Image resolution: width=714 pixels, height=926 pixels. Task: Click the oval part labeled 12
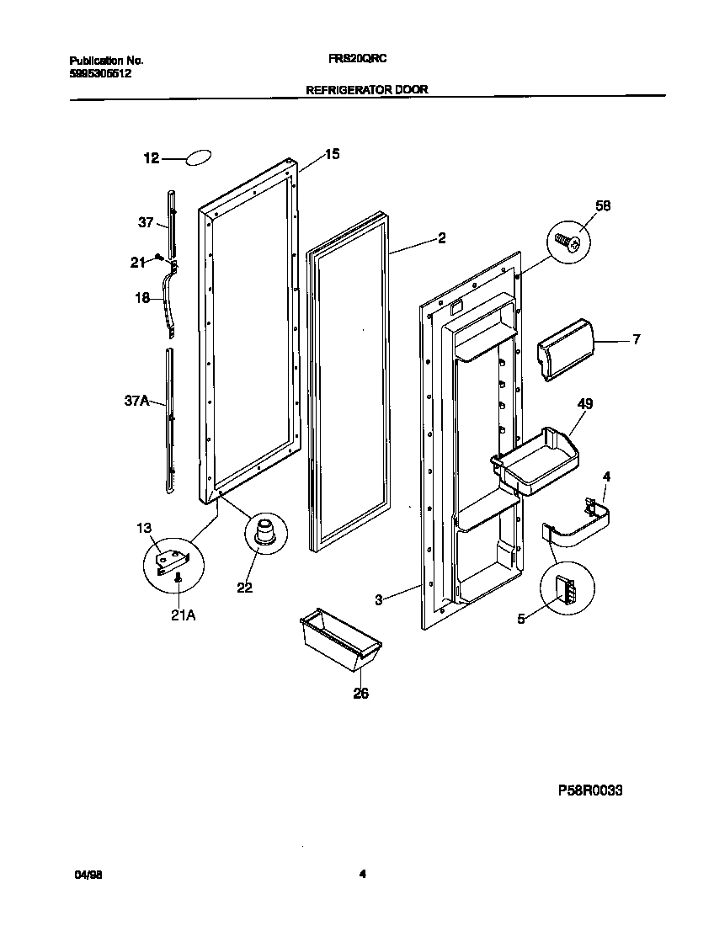(197, 157)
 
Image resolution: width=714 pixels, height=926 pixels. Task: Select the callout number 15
(333, 154)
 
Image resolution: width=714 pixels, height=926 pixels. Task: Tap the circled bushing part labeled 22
(265, 535)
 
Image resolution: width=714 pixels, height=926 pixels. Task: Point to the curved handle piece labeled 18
(173, 300)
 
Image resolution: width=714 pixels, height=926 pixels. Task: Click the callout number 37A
(137, 402)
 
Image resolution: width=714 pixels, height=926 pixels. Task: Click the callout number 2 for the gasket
(440, 238)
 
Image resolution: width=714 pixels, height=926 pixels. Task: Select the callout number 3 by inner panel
(379, 600)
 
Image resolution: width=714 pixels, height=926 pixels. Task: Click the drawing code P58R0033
(590, 790)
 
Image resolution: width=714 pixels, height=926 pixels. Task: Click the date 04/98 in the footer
(87, 875)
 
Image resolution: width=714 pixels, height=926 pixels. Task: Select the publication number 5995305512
(99, 73)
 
